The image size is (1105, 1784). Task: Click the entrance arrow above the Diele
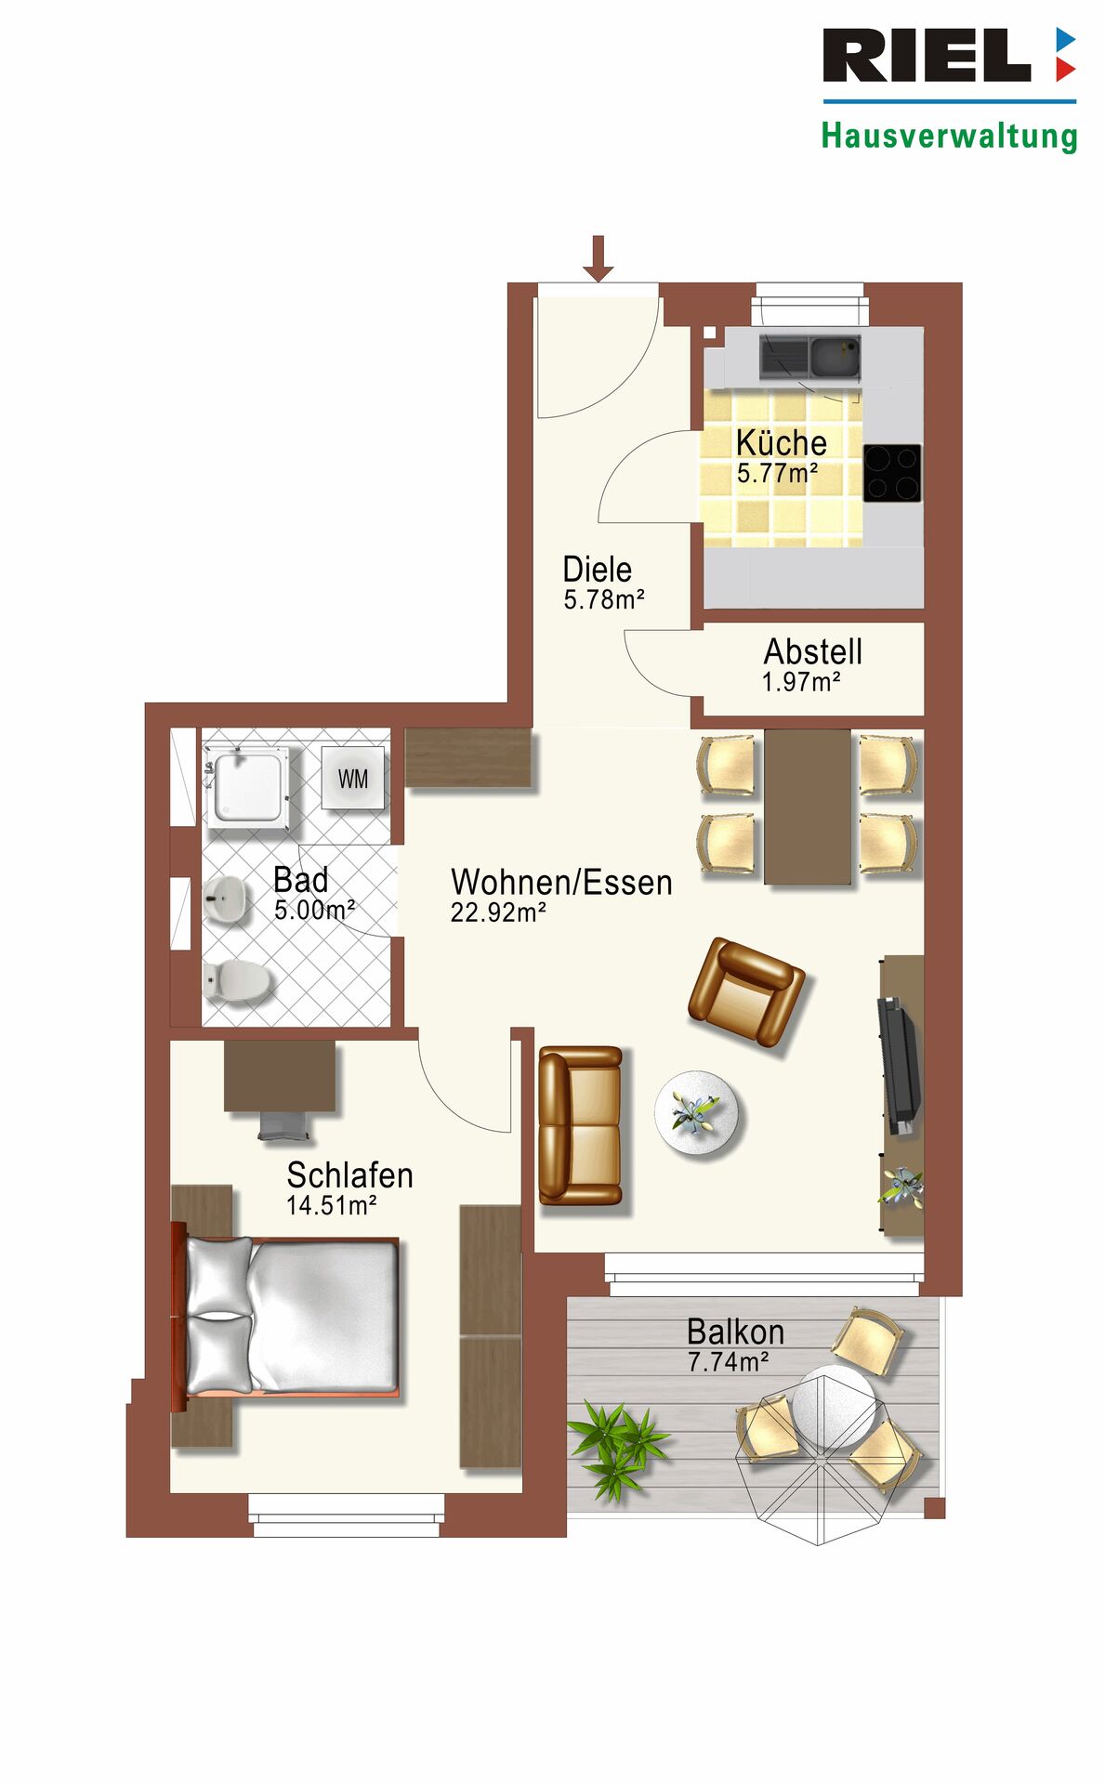[599, 258]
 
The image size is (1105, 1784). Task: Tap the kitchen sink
[809, 357]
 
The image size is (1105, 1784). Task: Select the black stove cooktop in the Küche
[892, 473]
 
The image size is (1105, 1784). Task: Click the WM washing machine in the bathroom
[352, 778]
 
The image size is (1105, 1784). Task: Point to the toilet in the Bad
[238, 980]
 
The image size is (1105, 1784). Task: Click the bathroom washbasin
[225, 899]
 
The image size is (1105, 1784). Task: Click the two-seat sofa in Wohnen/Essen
[581, 1125]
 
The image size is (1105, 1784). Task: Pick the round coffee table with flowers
[697, 1113]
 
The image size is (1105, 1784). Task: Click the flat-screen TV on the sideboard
[899, 1065]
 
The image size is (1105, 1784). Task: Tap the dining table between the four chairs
[808, 807]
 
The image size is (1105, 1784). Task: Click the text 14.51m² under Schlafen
[332, 1205]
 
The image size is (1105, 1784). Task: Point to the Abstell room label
[813, 651]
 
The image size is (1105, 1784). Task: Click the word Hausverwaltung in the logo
[949, 137]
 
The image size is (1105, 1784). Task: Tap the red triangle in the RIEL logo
[1066, 70]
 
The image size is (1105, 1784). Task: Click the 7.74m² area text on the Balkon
[729, 1361]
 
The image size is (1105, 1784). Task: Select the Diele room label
[598, 569]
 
